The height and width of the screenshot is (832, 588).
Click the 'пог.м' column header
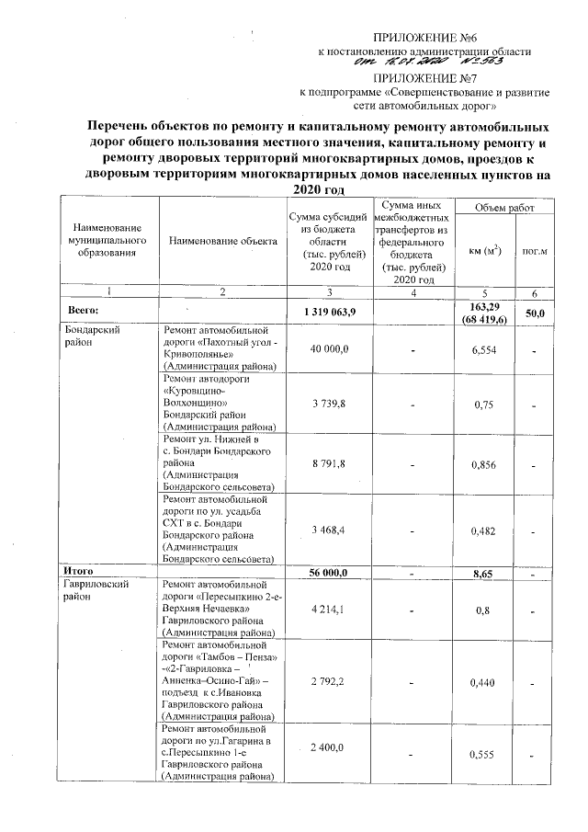click(x=534, y=248)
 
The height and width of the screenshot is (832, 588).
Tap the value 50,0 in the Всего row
click(x=534, y=313)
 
